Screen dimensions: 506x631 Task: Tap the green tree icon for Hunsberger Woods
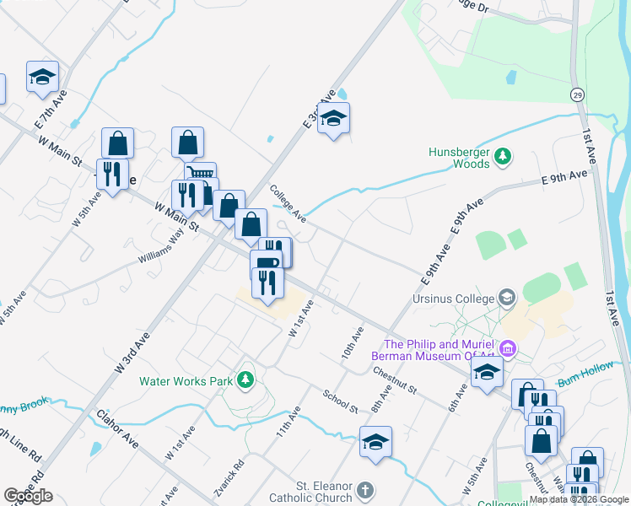(x=503, y=156)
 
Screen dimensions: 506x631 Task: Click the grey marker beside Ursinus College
(x=507, y=298)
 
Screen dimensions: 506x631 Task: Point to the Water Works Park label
(x=186, y=381)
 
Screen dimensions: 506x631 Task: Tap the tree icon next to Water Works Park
(x=245, y=379)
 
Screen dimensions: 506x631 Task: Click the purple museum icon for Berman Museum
(x=508, y=347)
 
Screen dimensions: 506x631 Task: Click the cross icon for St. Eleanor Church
(x=364, y=490)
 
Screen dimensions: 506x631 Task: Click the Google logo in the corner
(x=29, y=496)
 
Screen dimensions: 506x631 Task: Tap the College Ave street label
(x=288, y=204)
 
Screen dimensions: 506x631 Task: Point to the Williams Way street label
(x=163, y=250)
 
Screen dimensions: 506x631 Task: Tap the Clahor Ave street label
(x=116, y=429)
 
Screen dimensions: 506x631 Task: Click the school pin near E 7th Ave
(x=42, y=77)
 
